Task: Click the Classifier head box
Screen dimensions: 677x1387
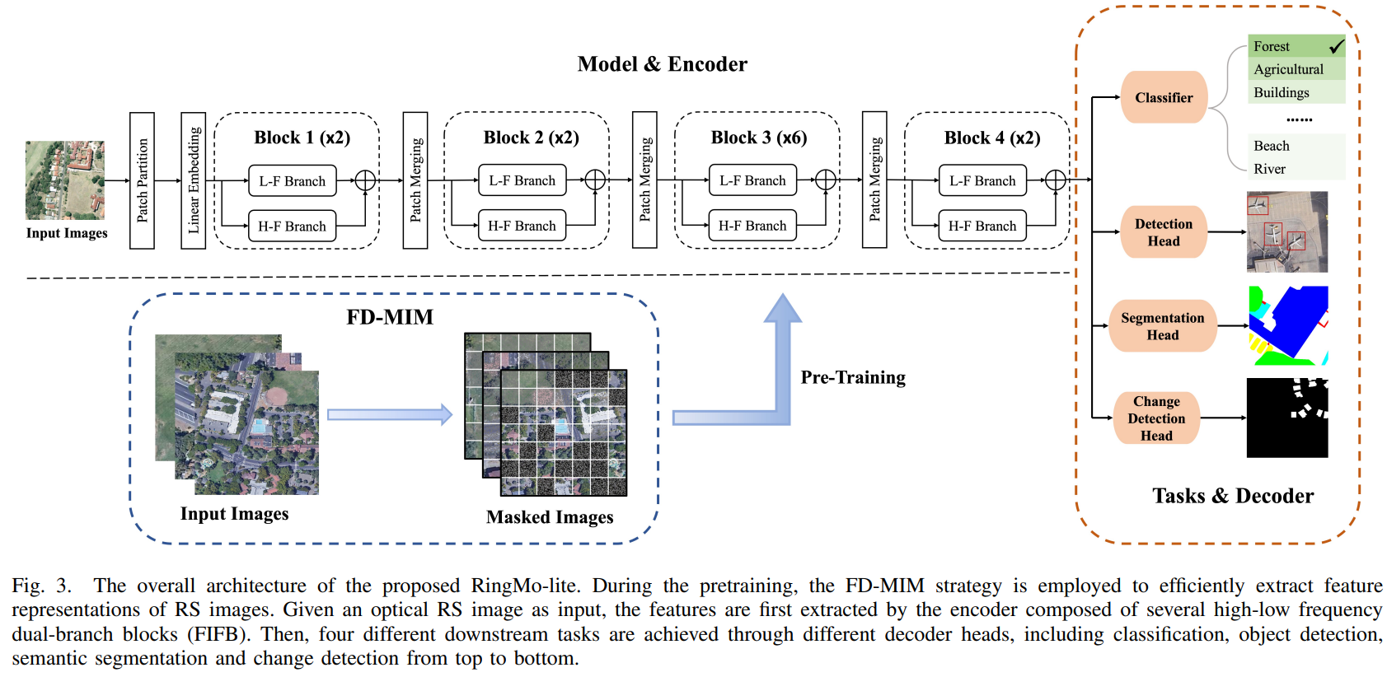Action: pyautogui.click(x=1163, y=97)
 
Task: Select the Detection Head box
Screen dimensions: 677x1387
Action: pyautogui.click(x=1163, y=232)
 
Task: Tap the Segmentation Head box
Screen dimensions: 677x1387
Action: pyautogui.click(x=1162, y=326)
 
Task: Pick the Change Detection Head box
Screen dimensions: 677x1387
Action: pyautogui.click(x=1155, y=418)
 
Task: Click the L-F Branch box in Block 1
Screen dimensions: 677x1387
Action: pyautogui.click(x=292, y=180)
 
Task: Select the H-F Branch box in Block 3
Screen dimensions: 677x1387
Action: pyautogui.click(x=752, y=226)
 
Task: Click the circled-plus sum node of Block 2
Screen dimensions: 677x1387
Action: pyautogui.click(x=595, y=180)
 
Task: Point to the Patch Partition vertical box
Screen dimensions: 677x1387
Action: pyautogui.click(x=142, y=180)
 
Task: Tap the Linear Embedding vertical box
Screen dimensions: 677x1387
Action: pyautogui.click(x=193, y=180)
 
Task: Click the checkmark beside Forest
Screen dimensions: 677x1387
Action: pyautogui.click(x=1336, y=46)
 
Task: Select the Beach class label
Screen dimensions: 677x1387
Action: pyautogui.click(x=1272, y=146)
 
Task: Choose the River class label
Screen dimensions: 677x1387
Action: pyautogui.click(x=1269, y=169)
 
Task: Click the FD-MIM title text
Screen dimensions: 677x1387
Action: pyautogui.click(x=390, y=317)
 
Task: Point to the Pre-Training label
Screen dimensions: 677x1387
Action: pyautogui.click(x=853, y=377)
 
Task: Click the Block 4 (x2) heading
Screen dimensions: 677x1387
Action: pyautogui.click(x=991, y=138)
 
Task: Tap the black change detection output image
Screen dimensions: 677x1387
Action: pyautogui.click(x=1286, y=418)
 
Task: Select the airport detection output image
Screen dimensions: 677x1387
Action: pyautogui.click(x=1286, y=231)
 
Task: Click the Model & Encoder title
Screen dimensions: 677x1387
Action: pyautogui.click(x=662, y=64)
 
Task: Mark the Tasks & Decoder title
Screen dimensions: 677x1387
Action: pyautogui.click(x=1232, y=496)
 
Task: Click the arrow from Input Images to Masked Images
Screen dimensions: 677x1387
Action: pyautogui.click(x=390, y=414)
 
